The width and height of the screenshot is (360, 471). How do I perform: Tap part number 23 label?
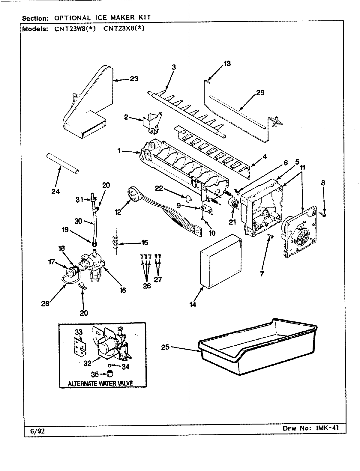click(x=134, y=79)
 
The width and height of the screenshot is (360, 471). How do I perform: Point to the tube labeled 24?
click(x=63, y=163)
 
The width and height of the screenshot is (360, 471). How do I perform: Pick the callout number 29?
click(x=260, y=92)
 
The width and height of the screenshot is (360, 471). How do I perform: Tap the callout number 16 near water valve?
click(x=122, y=290)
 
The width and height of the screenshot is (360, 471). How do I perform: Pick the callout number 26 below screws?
click(x=147, y=286)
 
